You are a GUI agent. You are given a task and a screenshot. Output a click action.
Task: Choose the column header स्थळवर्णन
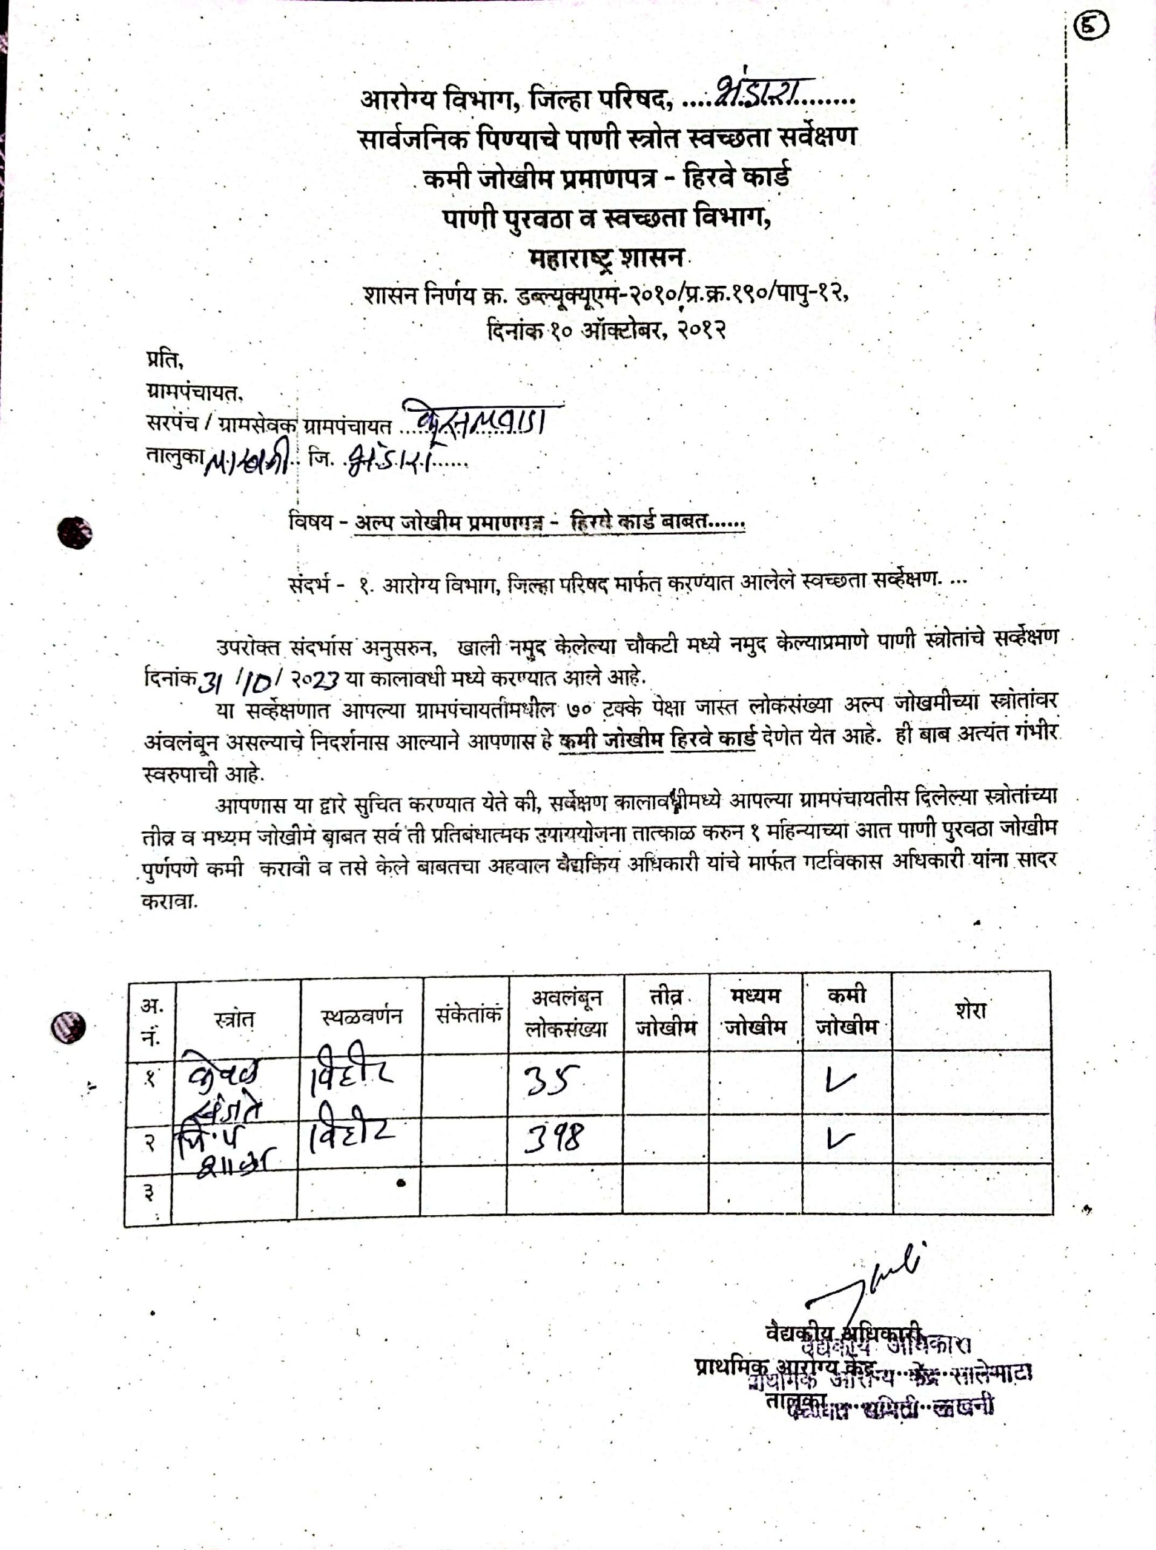click(x=361, y=1015)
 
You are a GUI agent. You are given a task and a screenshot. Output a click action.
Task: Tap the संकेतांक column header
click(x=467, y=1014)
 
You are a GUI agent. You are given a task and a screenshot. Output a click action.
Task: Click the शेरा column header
click(x=970, y=1010)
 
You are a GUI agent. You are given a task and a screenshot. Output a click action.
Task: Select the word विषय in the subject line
click(x=310, y=522)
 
